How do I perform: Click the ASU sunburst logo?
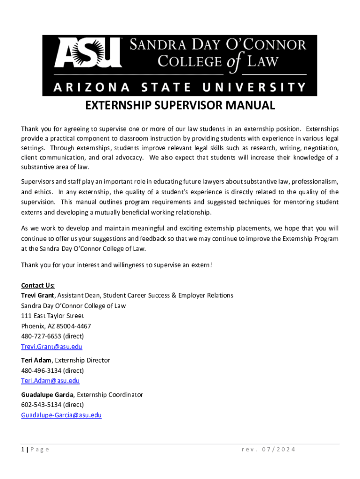click(87, 52)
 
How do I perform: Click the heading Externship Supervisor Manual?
click(180, 106)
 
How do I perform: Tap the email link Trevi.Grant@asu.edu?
click(51, 347)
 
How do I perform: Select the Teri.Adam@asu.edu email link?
click(50, 381)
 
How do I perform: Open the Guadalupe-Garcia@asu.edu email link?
click(61, 415)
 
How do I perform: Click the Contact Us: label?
click(38, 285)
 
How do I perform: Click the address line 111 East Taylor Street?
click(52, 316)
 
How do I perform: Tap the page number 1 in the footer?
click(23, 450)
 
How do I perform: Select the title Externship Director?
click(82, 360)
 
